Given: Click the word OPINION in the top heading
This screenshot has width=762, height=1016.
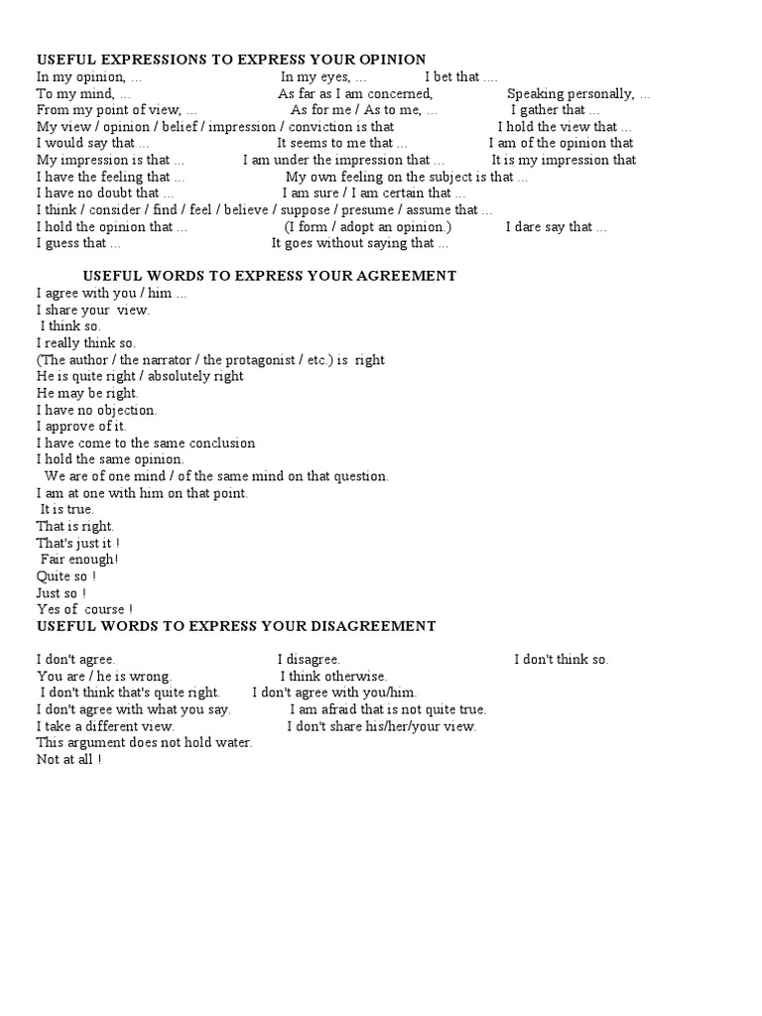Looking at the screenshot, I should tap(390, 60).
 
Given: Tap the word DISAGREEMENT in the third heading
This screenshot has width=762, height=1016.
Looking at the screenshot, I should tap(370, 626).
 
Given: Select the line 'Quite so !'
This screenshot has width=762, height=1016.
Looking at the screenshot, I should tap(66, 576).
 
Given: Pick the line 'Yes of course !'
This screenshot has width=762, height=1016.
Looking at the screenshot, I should tap(84, 609).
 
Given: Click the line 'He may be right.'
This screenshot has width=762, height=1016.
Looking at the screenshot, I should tap(87, 393).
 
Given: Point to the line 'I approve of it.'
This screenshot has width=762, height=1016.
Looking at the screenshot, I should tap(81, 427).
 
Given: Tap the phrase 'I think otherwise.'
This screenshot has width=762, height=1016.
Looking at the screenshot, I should tap(333, 676).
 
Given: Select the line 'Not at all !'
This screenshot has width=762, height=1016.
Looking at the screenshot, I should tap(68, 759).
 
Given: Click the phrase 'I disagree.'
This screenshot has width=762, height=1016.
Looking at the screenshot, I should tap(309, 659).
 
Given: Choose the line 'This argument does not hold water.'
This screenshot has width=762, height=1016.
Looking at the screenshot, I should tap(145, 742).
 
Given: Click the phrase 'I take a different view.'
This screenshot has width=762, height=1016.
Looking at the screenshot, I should tap(105, 726).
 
